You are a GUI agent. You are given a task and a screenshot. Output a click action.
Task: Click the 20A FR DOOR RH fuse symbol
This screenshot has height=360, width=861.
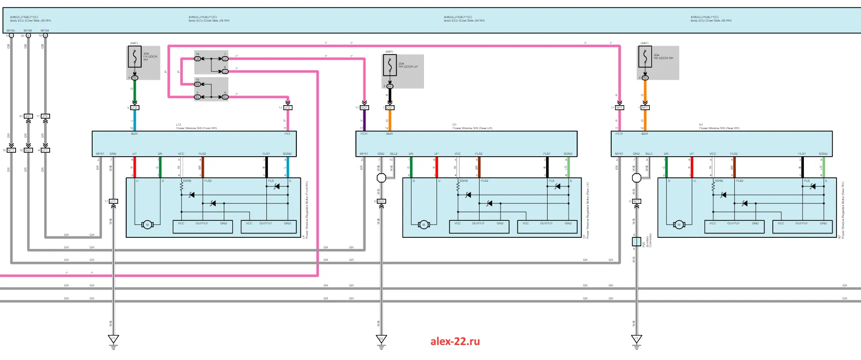134,59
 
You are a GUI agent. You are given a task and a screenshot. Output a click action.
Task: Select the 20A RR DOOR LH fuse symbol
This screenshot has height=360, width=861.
389,66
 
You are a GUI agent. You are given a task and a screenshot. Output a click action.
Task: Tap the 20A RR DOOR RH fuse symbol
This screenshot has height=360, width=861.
645,58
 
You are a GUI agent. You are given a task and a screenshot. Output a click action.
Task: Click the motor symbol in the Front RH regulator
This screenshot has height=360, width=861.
147,225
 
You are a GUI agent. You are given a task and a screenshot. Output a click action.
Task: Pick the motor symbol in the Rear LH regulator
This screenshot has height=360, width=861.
423,225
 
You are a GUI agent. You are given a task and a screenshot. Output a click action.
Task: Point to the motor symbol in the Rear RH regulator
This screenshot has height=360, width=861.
679,225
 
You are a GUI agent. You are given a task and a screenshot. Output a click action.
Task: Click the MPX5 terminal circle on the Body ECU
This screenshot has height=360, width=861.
11,36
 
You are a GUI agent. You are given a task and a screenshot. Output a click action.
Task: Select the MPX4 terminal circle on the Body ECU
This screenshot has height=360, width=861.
46,36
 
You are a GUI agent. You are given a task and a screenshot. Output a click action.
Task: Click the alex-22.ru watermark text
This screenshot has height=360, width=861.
455,341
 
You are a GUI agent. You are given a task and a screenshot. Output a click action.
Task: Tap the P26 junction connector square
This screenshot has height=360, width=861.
636,242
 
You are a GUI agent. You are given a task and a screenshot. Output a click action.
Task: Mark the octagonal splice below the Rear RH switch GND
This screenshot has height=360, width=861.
637,177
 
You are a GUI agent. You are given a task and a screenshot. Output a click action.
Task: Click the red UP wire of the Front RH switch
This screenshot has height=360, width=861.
134,167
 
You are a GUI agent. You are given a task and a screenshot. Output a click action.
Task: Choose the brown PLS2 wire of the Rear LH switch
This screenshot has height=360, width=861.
479,167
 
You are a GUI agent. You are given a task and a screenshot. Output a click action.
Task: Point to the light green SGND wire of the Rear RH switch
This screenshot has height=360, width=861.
823,167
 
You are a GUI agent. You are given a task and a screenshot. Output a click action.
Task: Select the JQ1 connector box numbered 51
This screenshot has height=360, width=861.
29,116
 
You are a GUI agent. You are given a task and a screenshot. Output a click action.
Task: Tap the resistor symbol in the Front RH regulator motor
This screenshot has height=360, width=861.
182,187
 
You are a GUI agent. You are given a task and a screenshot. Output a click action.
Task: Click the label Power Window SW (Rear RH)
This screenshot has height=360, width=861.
719,128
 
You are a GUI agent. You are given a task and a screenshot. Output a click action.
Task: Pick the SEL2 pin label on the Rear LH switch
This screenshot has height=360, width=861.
393,154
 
